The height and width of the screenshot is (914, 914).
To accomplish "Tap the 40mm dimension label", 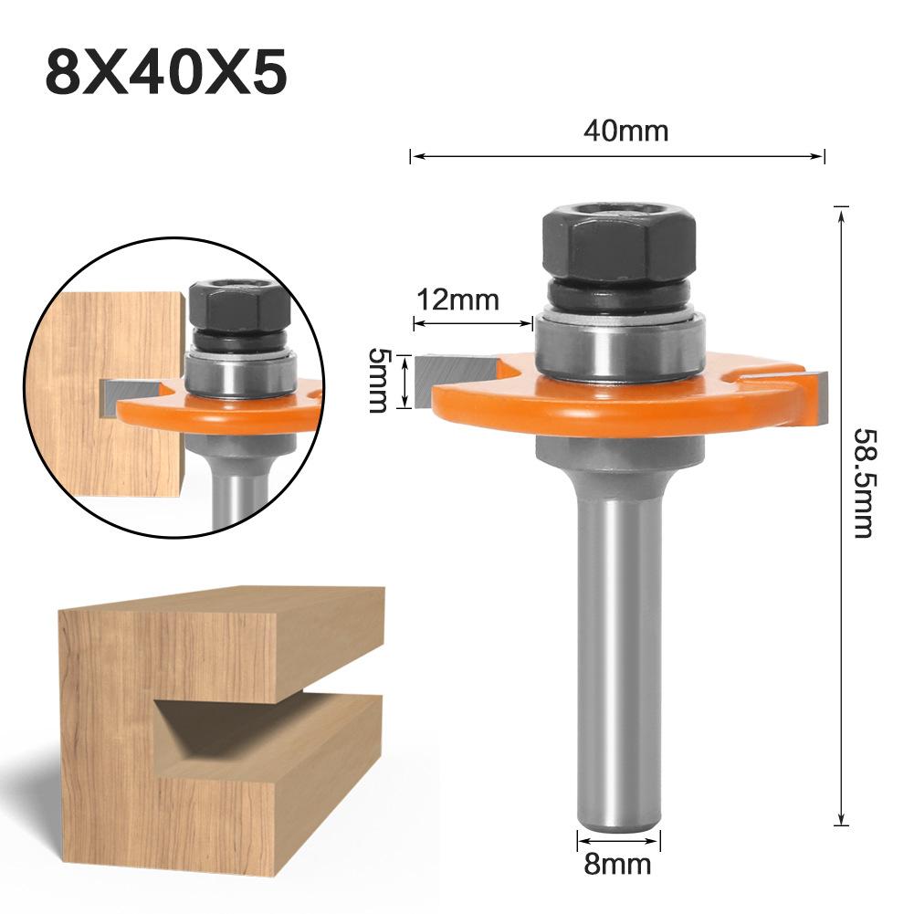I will (625, 131).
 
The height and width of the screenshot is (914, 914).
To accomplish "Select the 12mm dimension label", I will (457, 299).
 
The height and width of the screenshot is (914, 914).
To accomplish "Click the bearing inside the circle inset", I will (241, 370).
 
